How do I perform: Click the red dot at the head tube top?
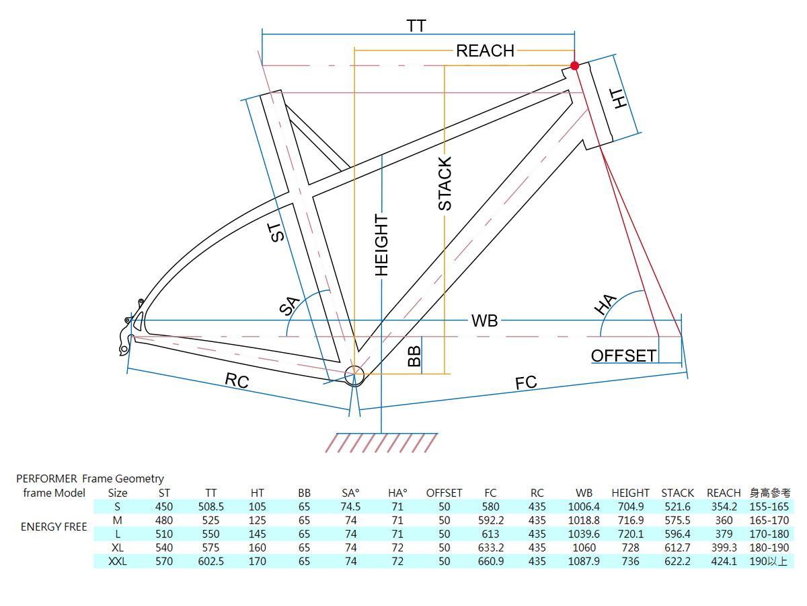coord(574,65)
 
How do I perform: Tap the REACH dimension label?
coord(485,50)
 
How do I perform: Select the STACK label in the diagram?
coord(445,183)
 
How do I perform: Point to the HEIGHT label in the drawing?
coord(381,245)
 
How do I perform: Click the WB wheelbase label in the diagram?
coord(484,321)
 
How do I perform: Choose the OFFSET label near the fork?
coord(623,356)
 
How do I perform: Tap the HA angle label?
coord(605,304)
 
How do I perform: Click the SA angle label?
coord(289,306)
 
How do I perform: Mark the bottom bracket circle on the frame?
coord(354,374)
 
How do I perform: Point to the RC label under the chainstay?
coord(237,381)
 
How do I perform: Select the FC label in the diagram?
coord(526,382)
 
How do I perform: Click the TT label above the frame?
coord(416,26)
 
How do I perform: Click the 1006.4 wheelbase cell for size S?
coord(584,506)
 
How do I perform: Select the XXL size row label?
coord(118,561)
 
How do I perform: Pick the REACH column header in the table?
coord(724,493)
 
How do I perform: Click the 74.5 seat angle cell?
coord(350,506)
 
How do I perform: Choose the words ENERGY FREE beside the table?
coord(54,527)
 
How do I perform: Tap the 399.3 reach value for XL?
coord(724,547)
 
